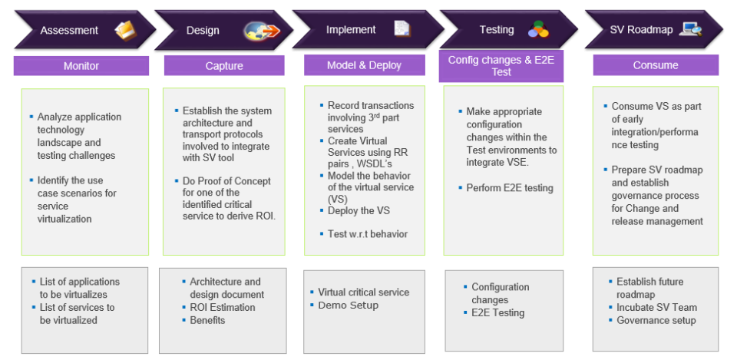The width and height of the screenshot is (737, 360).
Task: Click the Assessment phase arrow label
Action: coord(69,31)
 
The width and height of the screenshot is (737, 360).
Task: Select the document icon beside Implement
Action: coord(402,29)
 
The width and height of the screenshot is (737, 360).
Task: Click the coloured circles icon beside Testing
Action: coord(538,30)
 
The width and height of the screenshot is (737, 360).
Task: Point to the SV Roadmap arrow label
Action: coord(641,30)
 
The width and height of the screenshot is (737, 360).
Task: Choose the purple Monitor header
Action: coord(81,66)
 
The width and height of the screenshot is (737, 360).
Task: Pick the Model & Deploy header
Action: coord(364,65)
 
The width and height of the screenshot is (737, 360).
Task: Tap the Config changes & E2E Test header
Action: coord(501,66)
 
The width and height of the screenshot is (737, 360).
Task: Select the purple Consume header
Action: coord(656,65)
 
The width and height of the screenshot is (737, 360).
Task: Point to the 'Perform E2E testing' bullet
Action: coord(510,188)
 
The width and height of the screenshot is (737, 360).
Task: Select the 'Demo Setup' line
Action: coord(348,306)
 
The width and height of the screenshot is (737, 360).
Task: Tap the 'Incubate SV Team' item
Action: coord(656,308)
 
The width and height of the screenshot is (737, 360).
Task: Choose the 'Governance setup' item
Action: coord(656,320)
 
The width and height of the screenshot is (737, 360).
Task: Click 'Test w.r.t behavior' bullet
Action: coord(367,234)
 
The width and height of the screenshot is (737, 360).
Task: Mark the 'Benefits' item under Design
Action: coord(207,320)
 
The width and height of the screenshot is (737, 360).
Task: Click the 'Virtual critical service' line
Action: coord(363,292)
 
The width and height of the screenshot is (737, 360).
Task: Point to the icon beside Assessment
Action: coord(124,30)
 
